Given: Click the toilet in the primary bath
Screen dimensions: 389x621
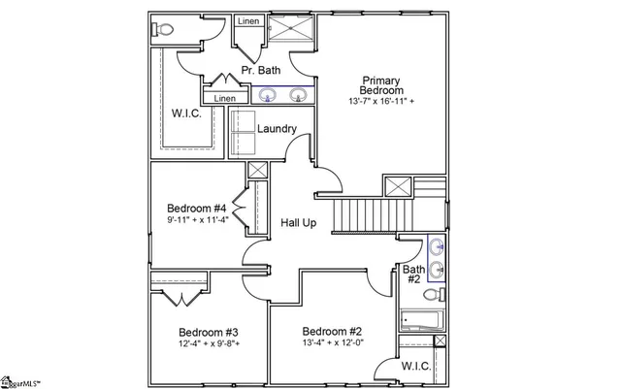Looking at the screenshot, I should [x=162, y=30].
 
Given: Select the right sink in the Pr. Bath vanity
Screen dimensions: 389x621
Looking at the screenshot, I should [x=299, y=95].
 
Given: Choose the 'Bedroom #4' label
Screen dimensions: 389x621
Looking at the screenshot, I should [x=196, y=209].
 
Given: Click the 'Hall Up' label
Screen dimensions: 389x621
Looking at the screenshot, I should [x=299, y=222].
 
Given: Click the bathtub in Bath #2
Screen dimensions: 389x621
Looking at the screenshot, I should [x=422, y=320].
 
